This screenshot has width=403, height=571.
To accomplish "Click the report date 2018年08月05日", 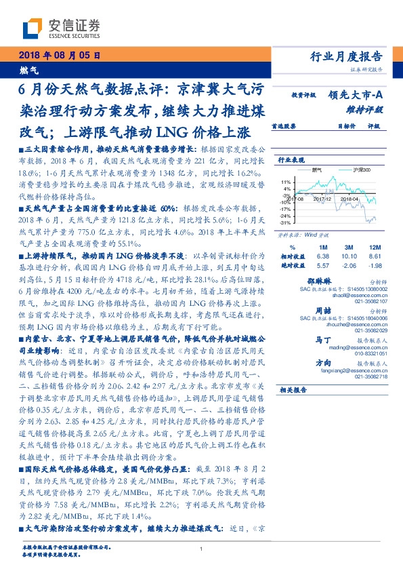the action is (x=60, y=56).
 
